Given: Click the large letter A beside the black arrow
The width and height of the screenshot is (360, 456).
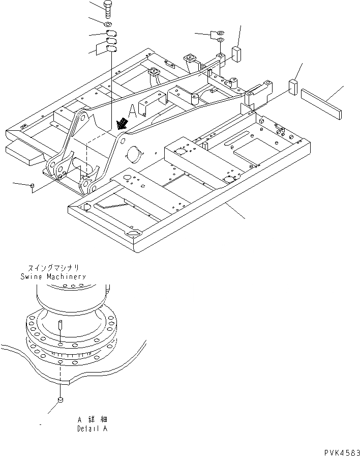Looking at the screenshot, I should pyautogui.click(x=133, y=110).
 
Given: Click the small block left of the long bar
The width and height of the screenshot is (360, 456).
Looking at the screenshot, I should pyautogui.click(x=293, y=87).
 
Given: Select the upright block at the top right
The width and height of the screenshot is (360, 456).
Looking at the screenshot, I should pyautogui.click(x=236, y=53).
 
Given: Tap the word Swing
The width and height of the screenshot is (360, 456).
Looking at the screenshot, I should pyautogui.click(x=29, y=276).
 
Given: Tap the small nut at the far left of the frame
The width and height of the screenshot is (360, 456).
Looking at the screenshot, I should pyautogui.click(x=33, y=186).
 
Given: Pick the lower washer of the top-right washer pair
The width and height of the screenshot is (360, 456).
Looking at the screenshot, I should pyautogui.click(x=221, y=40).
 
